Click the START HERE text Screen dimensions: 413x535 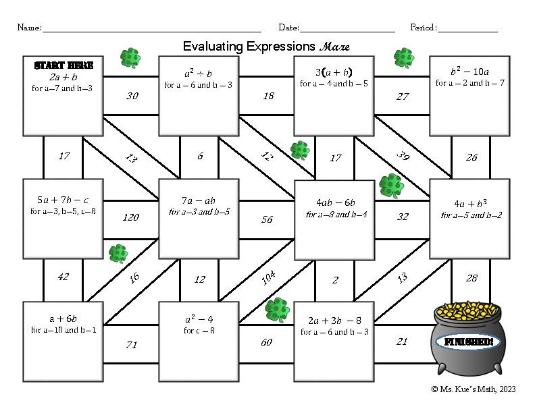[63, 65]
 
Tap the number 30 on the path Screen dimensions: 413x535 [132, 96]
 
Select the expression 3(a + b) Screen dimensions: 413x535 [334, 72]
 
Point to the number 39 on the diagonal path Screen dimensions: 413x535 [403, 157]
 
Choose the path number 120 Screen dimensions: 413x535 [131, 217]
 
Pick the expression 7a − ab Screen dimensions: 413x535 [199, 200]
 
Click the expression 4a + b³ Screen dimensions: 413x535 [469, 203]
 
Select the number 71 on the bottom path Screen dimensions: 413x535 [131, 345]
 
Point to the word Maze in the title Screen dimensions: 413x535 [336, 47]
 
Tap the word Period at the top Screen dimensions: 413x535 [423, 28]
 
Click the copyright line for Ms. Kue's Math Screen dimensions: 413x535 [473, 389]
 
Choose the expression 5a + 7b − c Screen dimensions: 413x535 [63, 200]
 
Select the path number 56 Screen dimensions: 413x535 [267, 219]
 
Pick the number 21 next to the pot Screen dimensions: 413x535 [402, 341]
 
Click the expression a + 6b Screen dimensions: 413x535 [63, 319]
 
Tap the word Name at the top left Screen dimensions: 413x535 [28, 28]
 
